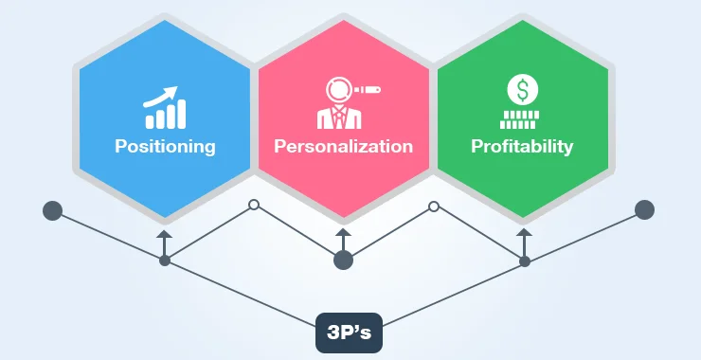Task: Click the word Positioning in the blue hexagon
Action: [165, 147]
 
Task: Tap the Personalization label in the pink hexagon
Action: [343, 147]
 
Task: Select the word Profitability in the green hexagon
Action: [522, 147]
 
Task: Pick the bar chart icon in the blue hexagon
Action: [164, 113]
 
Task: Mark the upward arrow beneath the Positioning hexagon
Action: [164, 238]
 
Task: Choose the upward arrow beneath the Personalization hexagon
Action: [343, 238]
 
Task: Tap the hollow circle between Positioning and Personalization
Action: [253, 205]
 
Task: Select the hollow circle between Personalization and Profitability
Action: [434, 206]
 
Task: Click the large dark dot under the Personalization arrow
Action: [343, 260]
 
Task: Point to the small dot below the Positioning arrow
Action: [164, 260]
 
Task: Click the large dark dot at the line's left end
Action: [51, 209]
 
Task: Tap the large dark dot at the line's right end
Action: [645, 209]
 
